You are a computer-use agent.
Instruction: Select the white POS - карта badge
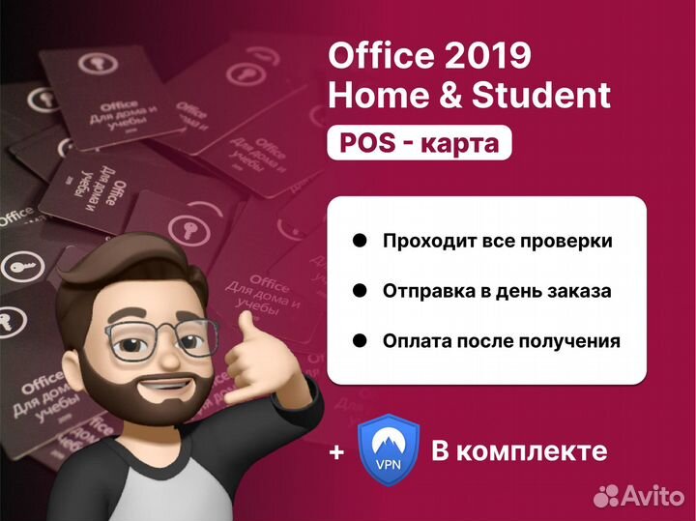tap(420, 144)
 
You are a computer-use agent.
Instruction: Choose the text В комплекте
tap(519, 451)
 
